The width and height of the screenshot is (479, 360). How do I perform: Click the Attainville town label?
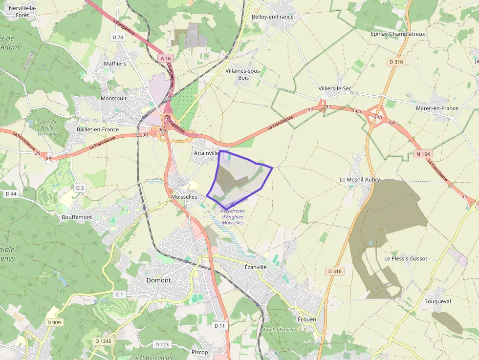point(206,153)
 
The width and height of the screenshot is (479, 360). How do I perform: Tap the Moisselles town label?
point(185,196)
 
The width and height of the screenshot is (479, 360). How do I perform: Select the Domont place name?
point(159,280)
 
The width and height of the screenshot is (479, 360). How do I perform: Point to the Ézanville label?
point(256,267)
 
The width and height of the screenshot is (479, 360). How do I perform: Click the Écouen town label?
point(307,319)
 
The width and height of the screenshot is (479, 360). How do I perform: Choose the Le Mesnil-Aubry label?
point(360,180)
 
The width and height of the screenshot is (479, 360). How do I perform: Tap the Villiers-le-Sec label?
point(335,88)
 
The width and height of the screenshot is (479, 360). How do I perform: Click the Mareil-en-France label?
point(437,108)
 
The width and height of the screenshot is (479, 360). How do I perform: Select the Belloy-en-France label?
point(273,17)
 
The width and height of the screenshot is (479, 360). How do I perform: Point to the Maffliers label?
point(115,64)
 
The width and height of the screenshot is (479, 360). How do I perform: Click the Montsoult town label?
point(113,98)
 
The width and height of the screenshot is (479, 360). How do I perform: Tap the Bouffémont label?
point(77,216)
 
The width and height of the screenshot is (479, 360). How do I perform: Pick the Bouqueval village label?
point(437,301)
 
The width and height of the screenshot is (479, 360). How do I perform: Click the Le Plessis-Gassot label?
point(406,258)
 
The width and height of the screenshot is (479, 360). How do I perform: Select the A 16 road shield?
point(166,58)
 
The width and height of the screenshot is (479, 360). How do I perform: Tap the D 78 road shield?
point(118,37)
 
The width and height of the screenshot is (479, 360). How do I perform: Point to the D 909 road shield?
point(54,322)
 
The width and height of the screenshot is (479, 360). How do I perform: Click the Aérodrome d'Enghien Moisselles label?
point(233,216)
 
